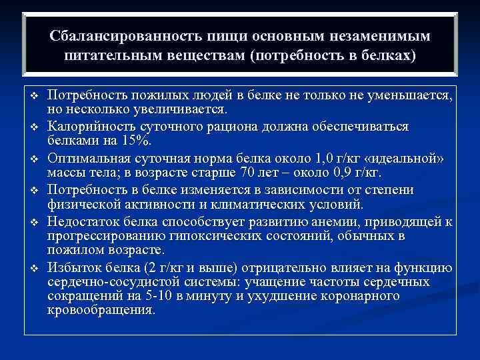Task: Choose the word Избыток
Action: point(79,268)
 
